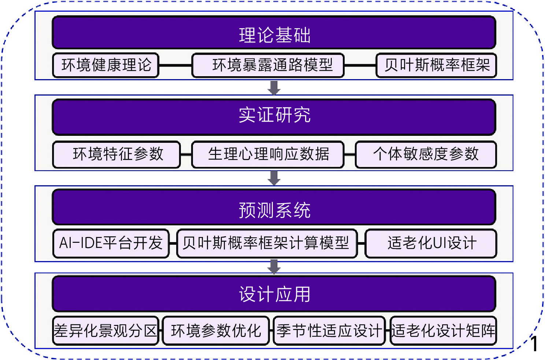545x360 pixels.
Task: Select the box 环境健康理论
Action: (106, 66)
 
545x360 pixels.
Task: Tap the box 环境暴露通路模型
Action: (268, 66)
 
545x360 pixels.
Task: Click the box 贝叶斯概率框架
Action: (436, 66)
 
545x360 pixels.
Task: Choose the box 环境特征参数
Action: (117, 155)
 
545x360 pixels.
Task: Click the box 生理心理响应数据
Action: (268, 155)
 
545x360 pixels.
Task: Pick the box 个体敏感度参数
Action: (426, 155)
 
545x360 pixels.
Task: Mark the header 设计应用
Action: (274, 294)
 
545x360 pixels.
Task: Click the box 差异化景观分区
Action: (105, 331)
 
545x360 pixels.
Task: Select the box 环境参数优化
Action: (216, 331)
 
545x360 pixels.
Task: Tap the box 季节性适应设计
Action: (329, 331)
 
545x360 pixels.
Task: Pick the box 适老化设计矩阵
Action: (443, 331)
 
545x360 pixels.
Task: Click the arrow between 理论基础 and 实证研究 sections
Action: (274, 88)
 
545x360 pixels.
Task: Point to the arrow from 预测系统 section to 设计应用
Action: (274, 267)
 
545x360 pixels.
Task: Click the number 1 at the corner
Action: (534, 344)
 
